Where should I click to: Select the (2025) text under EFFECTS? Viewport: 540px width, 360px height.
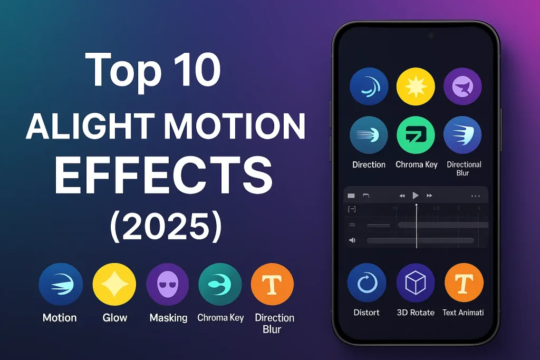tap(166, 225)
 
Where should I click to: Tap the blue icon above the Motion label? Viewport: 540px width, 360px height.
tap(61, 285)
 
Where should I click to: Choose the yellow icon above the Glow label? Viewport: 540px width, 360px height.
tap(114, 285)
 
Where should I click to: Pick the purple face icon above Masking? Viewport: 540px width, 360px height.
tap(168, 285)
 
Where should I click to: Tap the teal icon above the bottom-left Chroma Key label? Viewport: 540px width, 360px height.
tap(220, 285)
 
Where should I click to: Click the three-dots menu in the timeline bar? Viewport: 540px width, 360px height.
tap(475, 196)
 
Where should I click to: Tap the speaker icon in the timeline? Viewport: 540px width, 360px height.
tap(352, 240)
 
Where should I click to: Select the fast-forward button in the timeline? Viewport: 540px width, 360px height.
tap(430, 196)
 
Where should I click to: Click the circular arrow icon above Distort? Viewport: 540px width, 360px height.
tap(367, 283)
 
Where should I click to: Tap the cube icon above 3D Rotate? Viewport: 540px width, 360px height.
tap(415, 283)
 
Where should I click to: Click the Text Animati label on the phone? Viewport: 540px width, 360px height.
tap(463, 313)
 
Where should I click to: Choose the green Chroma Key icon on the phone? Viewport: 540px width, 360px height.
tap(416, 135)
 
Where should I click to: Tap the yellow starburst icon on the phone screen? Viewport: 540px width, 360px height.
tap(416, 86)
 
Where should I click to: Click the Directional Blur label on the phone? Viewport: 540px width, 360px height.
tap(464, 169)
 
